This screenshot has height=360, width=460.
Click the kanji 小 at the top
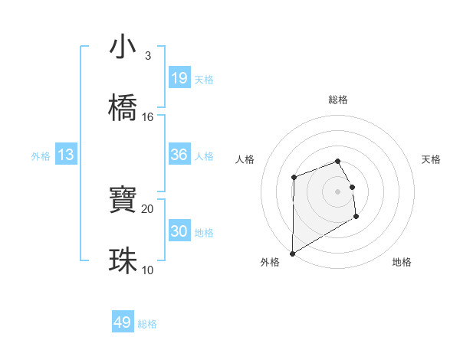[x=123, y=47]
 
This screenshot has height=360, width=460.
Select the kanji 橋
[x=123, y=108]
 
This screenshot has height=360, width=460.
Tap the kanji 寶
[x=123, y=201]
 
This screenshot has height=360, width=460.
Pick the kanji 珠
[x=123, y=261]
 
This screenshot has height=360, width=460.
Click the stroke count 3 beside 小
[x=147, y=56]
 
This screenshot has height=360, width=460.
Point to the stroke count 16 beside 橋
[x=148, y=116]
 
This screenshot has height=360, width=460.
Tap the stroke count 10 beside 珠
[x=148, y=270]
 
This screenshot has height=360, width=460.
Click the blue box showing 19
[x=179, y=78]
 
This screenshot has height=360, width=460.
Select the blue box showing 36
[x=179, y=155]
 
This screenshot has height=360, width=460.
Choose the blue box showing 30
[x=179, y=231]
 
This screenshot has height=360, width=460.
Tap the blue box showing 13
[x=66, y=155]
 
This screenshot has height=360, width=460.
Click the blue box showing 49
[x=123, y=322]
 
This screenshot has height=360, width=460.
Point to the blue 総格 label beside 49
[x=147, y=324]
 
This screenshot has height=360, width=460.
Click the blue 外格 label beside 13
[x=41, y=156]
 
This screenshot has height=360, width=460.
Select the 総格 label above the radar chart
[x=338, y=100]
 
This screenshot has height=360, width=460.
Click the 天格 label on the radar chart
[x=432, y=159]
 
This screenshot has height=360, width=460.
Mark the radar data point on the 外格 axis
[x=292, y=254]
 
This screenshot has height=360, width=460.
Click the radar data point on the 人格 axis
[x=294, y=178]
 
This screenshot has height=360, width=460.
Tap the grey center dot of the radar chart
[x=338, y=191]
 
